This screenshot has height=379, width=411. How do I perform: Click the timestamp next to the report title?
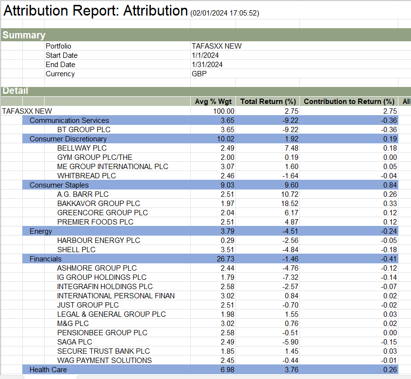click(225, 13)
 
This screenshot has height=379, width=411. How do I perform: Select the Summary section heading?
click(24, 35)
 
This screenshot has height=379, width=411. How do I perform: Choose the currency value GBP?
click(199, 74)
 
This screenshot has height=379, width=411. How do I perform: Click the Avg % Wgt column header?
click(214, 102)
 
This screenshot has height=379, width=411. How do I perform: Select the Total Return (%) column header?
click(268, 102)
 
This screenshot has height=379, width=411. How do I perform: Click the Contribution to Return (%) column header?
click(349, 102)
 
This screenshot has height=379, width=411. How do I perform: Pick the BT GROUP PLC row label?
click(84, 130)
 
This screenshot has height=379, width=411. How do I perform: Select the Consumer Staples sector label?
click(59, 185)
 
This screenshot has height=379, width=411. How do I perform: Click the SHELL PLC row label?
click(76, 250)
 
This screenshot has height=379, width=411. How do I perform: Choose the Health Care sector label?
click(48, 370)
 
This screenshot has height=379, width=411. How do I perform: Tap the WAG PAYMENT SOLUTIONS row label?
click(104, 361)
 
